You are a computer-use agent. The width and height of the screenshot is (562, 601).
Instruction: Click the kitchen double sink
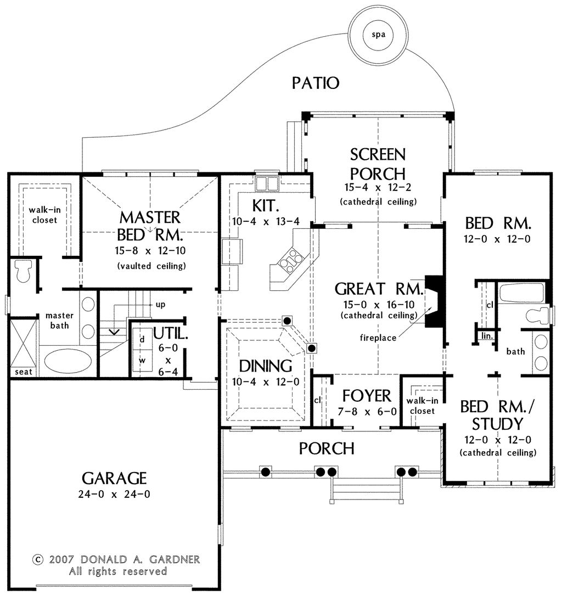pos(267,182)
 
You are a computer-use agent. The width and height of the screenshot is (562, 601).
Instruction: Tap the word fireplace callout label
pos(378,338)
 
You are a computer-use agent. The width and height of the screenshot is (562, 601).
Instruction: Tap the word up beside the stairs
pos(161,304)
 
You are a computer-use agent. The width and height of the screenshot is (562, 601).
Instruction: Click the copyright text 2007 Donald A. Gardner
pos(116,560)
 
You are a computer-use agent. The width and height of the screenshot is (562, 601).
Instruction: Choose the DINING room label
pos(265,366)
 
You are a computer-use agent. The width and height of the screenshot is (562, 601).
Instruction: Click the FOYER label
pos(366,395)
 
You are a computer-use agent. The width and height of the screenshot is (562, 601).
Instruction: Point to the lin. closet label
pos(486,335)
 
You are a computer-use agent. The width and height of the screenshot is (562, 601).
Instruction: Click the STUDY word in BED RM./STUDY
pos(498,423)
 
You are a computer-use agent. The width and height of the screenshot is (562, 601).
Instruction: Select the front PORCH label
pos(326,448)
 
